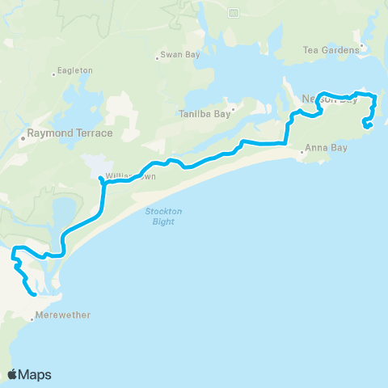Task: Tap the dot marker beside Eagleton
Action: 54,74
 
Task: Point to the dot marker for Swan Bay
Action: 157,58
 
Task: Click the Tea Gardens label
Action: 330,50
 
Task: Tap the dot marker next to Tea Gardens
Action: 361,50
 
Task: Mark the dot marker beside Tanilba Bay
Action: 233,108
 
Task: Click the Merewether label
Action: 64,315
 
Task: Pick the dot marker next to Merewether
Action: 32,319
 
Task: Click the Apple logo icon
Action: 13,374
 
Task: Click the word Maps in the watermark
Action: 36,374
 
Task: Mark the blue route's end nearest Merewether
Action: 34,295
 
